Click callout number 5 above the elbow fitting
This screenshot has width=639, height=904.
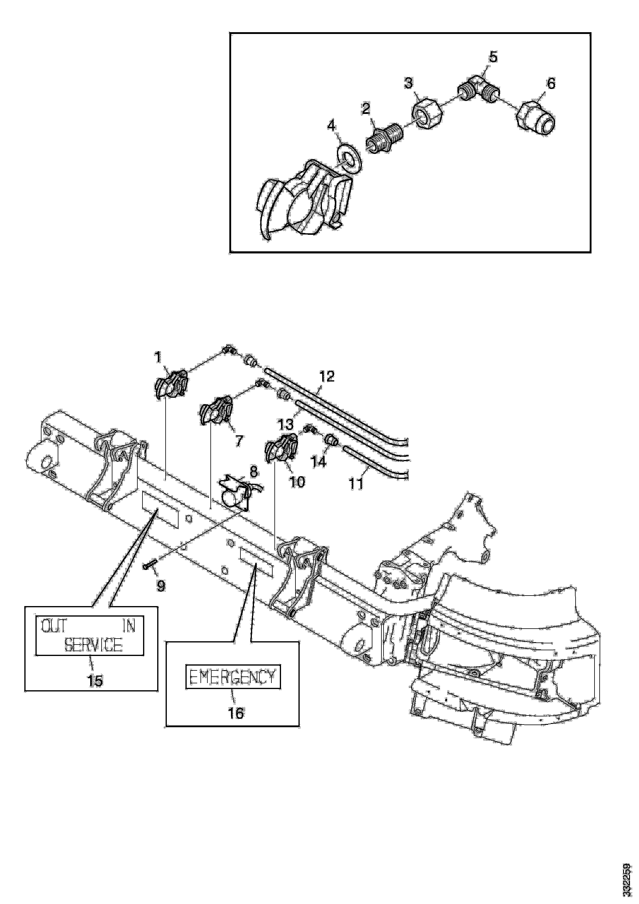coord(493,57)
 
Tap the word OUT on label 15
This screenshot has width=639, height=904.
coord(54,627)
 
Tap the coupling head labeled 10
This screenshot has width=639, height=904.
coord(282,446)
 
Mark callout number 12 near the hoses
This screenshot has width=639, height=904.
coord(326,376)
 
